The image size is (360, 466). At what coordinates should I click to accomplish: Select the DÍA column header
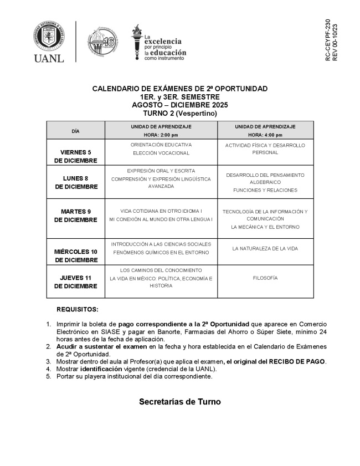pos(76,131)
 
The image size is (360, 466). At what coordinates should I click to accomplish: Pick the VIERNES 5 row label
pos(76,152)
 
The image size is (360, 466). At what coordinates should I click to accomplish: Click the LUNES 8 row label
pos(76,178)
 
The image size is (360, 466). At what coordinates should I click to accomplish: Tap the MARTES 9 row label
pos(76,211)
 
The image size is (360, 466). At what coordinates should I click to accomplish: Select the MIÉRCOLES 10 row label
pos(76,252)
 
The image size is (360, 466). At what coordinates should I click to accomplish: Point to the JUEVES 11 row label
pos(76,278)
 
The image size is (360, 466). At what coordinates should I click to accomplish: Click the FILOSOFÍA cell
pos(265,278)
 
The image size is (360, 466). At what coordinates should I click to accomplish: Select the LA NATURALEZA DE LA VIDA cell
pos(265,248)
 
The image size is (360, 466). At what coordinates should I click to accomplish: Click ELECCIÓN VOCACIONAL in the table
pos(161,153)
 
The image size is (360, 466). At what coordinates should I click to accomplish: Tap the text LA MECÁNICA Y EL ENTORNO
pos(265,227)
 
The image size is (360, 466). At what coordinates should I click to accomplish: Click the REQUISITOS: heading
pos(78,309)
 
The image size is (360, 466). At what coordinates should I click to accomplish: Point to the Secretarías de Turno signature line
pos(179,402)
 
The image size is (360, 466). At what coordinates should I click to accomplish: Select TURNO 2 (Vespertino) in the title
pos(179,113)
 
